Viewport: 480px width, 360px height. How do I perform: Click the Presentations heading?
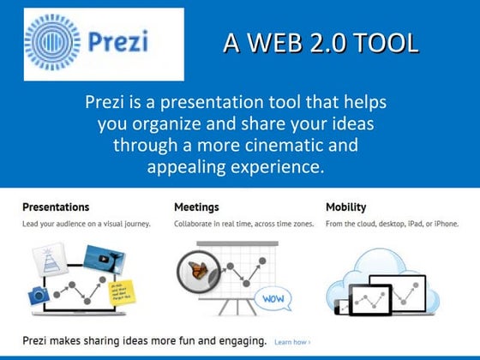click(x=56, y=207)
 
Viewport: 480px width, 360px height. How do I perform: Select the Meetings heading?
click(x=196, y=207)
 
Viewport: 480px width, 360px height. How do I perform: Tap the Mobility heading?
click(x=346, y=207)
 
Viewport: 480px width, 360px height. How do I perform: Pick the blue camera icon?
click(x=38, y=295)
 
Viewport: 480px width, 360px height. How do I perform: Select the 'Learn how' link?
click(x=292, y=341)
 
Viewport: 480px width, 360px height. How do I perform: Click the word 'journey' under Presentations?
click(x=133, y=225)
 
